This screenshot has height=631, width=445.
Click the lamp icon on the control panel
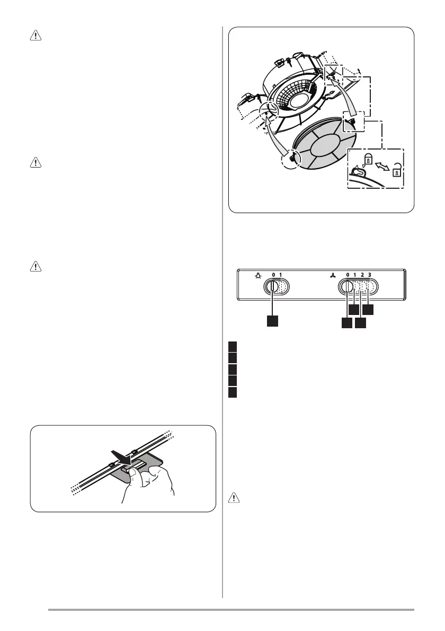[x=258, y=276]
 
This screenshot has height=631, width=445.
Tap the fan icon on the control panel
[x=333, y=276]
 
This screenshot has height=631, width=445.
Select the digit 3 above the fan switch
[x=369, y=275]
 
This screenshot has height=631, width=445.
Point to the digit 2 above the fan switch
[x=362, y=275]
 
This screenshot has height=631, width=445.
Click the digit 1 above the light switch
[x=281, y=275]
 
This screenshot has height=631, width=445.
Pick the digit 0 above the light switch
[x=273, y=275]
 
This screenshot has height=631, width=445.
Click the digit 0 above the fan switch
[x=348, y=275]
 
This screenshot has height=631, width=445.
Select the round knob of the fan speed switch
[x=346, y=287]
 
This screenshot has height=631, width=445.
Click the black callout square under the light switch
[x=272, y=321]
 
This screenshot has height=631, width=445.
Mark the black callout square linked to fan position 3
[x=368, y=310]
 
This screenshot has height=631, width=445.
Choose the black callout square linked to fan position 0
[x=346, y=323]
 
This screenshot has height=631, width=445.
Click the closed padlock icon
[x=368, y=159]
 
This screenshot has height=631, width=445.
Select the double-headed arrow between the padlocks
[x=382, y=165]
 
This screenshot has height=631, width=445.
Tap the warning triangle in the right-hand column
[x=234, y=498]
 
